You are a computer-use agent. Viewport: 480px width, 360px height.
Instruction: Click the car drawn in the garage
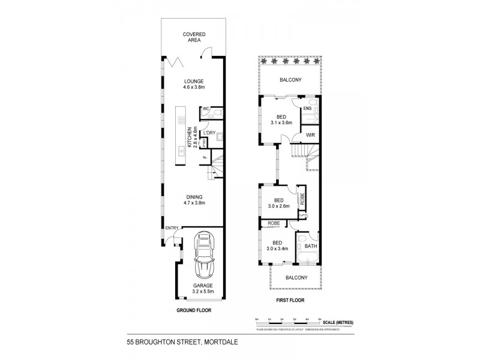[x=203, y=255]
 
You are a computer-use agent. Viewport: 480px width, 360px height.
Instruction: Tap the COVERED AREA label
[x=194, y=38]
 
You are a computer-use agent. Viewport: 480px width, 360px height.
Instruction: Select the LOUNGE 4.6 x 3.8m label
[x=194, y=85]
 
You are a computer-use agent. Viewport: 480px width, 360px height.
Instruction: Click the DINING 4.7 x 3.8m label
[x=194, y=200]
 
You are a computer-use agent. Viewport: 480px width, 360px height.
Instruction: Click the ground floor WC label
[x=205, y=109]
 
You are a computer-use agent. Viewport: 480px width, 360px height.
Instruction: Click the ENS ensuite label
[x=307, y=108]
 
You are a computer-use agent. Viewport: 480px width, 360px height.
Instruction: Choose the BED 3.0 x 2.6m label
[x=278, y=203]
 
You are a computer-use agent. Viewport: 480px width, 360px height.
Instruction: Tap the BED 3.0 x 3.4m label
[x=277, y=245]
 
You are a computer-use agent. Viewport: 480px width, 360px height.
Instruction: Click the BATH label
[x=311, y=246]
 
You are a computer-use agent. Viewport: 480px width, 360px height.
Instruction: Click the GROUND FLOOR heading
[x=194, y=311]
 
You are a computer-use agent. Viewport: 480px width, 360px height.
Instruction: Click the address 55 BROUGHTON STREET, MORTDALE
[x=179, y=340]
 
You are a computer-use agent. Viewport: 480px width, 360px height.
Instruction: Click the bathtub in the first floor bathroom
[x=310, y=259]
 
